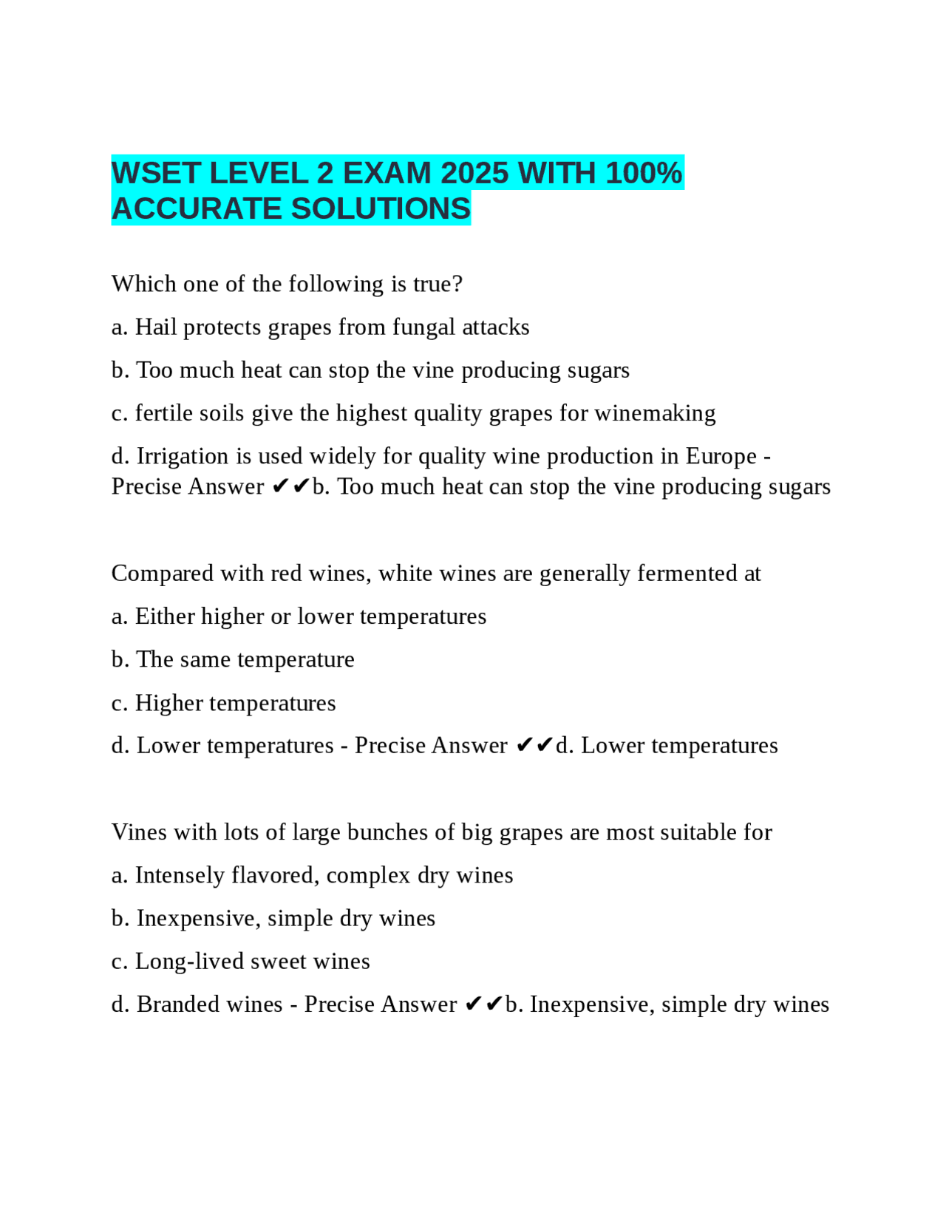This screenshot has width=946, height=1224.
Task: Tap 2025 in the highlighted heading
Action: click(474, 174)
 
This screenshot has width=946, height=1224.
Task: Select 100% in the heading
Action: click(644, 174)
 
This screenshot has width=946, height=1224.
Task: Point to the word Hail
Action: click(156, 327)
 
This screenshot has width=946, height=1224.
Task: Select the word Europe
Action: click(721, 456)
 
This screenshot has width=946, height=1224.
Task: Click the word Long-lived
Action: click(189, 962)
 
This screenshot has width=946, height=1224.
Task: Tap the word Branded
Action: click(178, 1004)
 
